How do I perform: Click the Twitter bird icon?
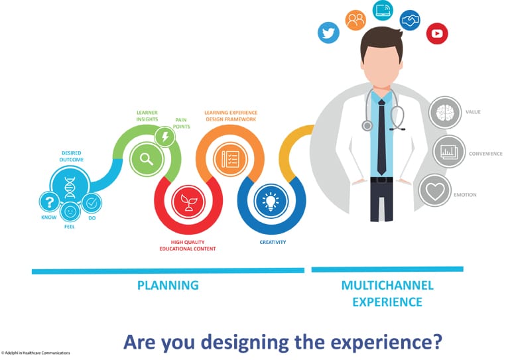[328, 32]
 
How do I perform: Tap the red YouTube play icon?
[437, 33]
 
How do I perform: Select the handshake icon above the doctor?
[410, 20]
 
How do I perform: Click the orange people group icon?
[355, 20]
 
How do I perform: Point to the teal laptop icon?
[383, 10]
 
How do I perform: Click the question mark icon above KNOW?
[49, 201]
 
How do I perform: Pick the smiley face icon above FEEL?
[70, 212]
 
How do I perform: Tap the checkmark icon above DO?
[92, 202]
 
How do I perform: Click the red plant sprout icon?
[188, 202]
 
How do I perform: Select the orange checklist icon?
[229, 158]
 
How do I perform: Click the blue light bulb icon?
[271, 202]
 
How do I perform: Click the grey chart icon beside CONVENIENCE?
[450, 152]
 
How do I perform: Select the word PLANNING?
[168, 286]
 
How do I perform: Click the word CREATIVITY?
[273, 242]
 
